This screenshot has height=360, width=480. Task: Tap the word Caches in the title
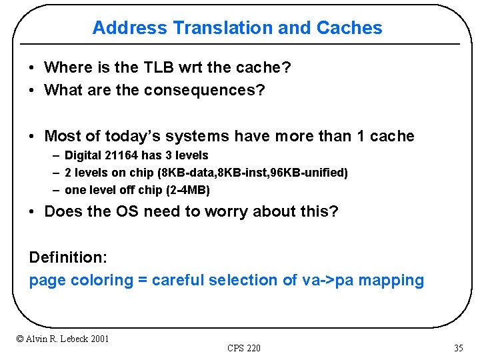[349, 28]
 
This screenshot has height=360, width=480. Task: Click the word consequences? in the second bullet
[204, 90]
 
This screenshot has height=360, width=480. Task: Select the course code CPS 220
[243, 348]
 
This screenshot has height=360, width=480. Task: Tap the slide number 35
[458, 348]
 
